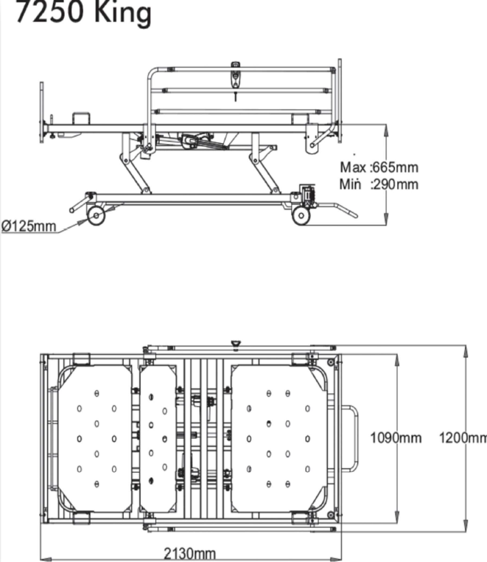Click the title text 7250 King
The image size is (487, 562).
click(x=84, y=13)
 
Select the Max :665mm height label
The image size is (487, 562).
click(x=379, y=167)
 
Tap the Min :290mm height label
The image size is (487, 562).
click(x=379, y=184)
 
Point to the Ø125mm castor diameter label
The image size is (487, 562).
click(x=29, y=226)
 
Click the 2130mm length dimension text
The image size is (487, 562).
click(x=190, y=554)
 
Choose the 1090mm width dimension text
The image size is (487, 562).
click(x=396, y=437)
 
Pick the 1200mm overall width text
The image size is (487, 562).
click(x=463, y=437)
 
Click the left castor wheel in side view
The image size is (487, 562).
click(x=97, y=216)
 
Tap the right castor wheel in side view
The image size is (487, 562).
click(x=301, y=216)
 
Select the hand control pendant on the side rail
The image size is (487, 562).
click(x=235, y=76)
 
